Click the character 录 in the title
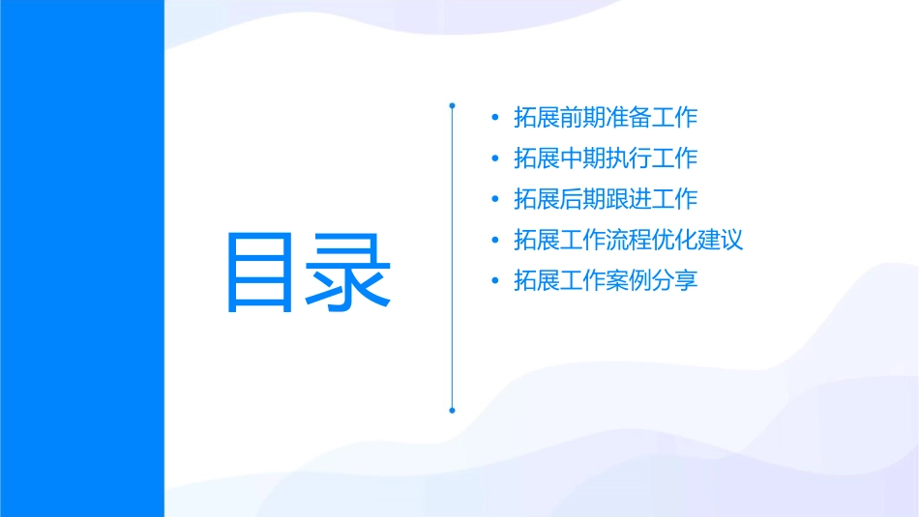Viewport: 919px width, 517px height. click(350, 272)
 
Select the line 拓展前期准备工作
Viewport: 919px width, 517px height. click(606, 118)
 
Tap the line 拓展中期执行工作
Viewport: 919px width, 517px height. click(606, 158)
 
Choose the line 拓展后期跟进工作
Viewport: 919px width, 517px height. click(606, 199)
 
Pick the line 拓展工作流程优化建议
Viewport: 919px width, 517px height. click(629, 240)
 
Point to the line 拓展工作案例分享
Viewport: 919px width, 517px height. click(606, 281)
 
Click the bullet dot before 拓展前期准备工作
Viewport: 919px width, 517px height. click(495, 119)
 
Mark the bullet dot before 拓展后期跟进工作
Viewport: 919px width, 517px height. click(495, 200)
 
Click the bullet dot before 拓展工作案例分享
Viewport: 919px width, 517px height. click(495, 282)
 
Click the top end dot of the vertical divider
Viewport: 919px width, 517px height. click(452, 103)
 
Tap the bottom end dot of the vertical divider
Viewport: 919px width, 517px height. click(452, 410)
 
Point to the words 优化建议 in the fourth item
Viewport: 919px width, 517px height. click(697, 240)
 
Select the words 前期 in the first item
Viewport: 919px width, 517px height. click(582, 118)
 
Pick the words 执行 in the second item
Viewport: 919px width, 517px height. click(629, 158)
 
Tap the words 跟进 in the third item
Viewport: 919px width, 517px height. click(629, 199)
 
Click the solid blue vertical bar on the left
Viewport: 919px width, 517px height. click(81, 258)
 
